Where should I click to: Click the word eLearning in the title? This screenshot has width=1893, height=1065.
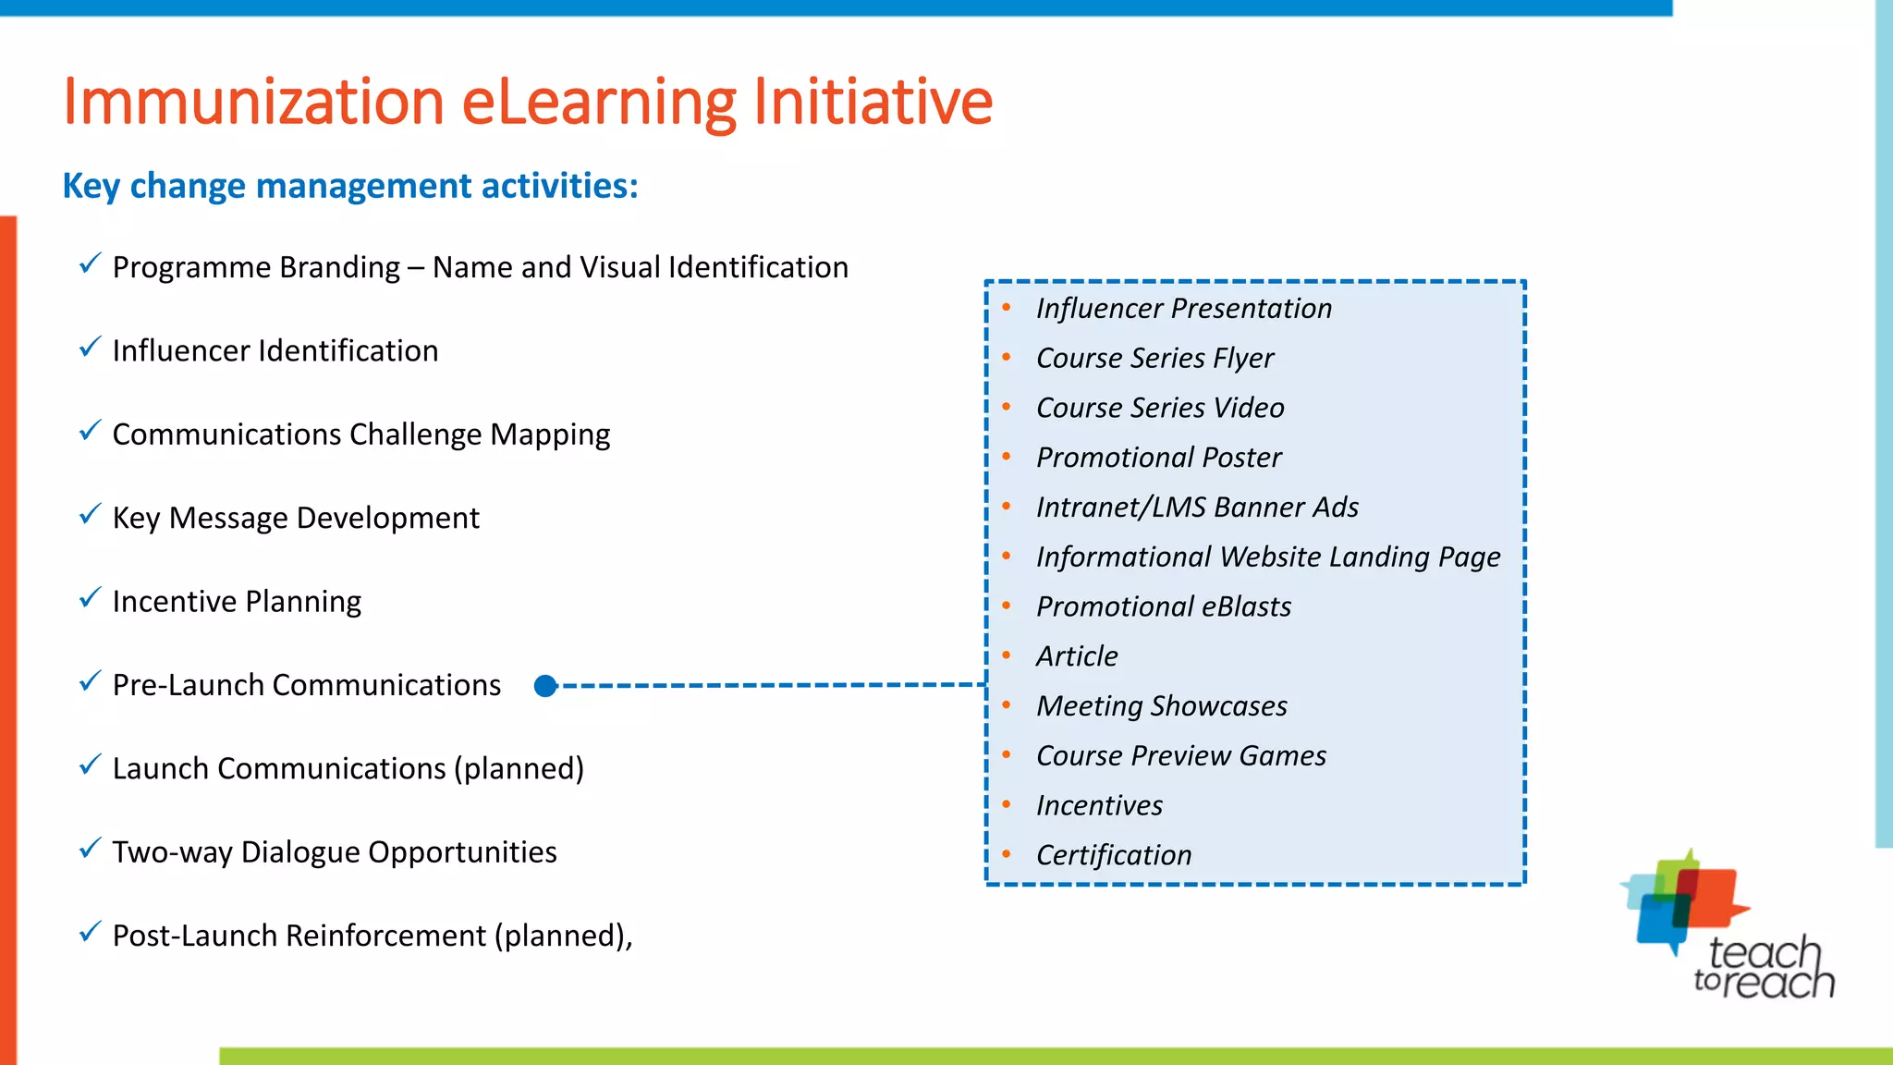pyautogui.click(x=599, y=102)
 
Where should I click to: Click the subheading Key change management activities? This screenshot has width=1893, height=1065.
pyautogui.click(x=349, y=186)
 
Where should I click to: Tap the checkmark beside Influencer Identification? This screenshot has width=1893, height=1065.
pyautogui.click(x=90, y=348)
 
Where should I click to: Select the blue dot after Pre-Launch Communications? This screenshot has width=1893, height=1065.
pyautogui.click(x=545, y=686)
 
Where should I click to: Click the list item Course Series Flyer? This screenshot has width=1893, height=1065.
pyautogui.click(x=1154, y=358)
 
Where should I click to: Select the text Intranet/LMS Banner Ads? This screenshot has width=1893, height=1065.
pyautogui.click(x=1197, y=507)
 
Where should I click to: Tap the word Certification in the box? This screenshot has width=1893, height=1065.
pyautogui.click(x=1114, y=855)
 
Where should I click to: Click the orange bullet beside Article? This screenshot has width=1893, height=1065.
pyautogui.click(x=1007, y=655)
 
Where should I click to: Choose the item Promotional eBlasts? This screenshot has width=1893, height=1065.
pyautogui.click(x=1164, y=606)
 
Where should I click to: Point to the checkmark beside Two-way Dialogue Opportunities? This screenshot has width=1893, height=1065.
pyautogui.click(x=90, y=849)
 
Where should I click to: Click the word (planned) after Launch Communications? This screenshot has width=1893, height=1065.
pyautogui.click(x=519, y=769)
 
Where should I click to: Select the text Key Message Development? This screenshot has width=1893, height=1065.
pyautogui.click(x=296, y=518)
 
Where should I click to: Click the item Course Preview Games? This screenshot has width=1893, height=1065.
pyautogui.click(x=1180, y=755)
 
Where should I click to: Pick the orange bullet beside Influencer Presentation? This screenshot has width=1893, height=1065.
pyautogui.click(x=1007, y=308)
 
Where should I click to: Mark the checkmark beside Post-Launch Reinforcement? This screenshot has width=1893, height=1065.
pyautogui.click(x=90, y=932)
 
